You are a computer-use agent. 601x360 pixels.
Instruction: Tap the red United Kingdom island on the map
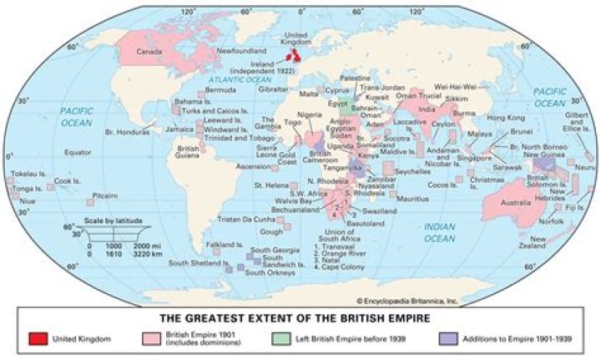(x=295, y=56)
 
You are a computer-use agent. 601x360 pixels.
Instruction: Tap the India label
(x=427, y=109)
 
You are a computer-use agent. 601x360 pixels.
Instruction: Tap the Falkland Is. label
(x=225, y=246)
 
